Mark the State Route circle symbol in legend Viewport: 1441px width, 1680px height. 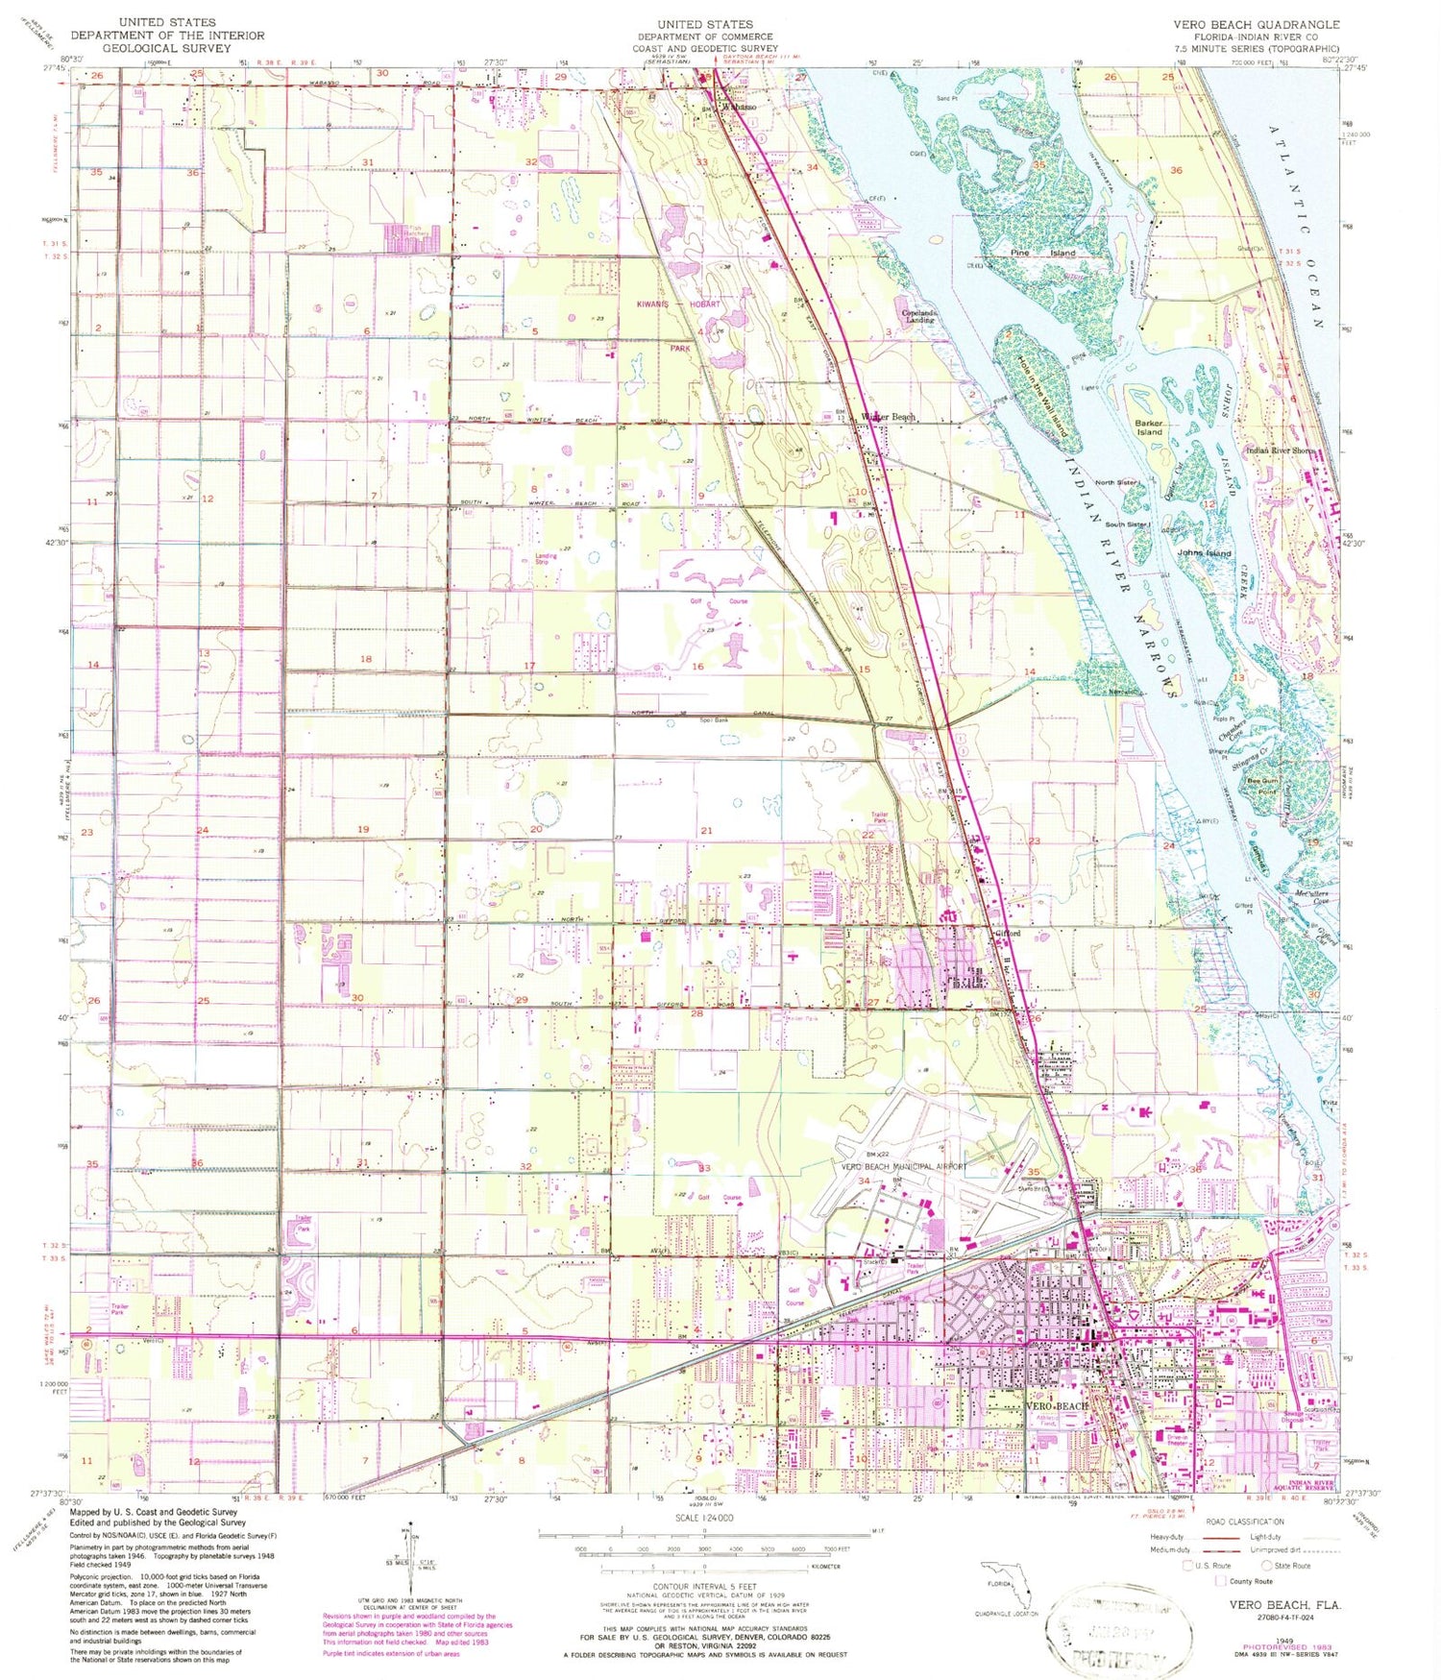pyautogui.click(x=1269, y=1565)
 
